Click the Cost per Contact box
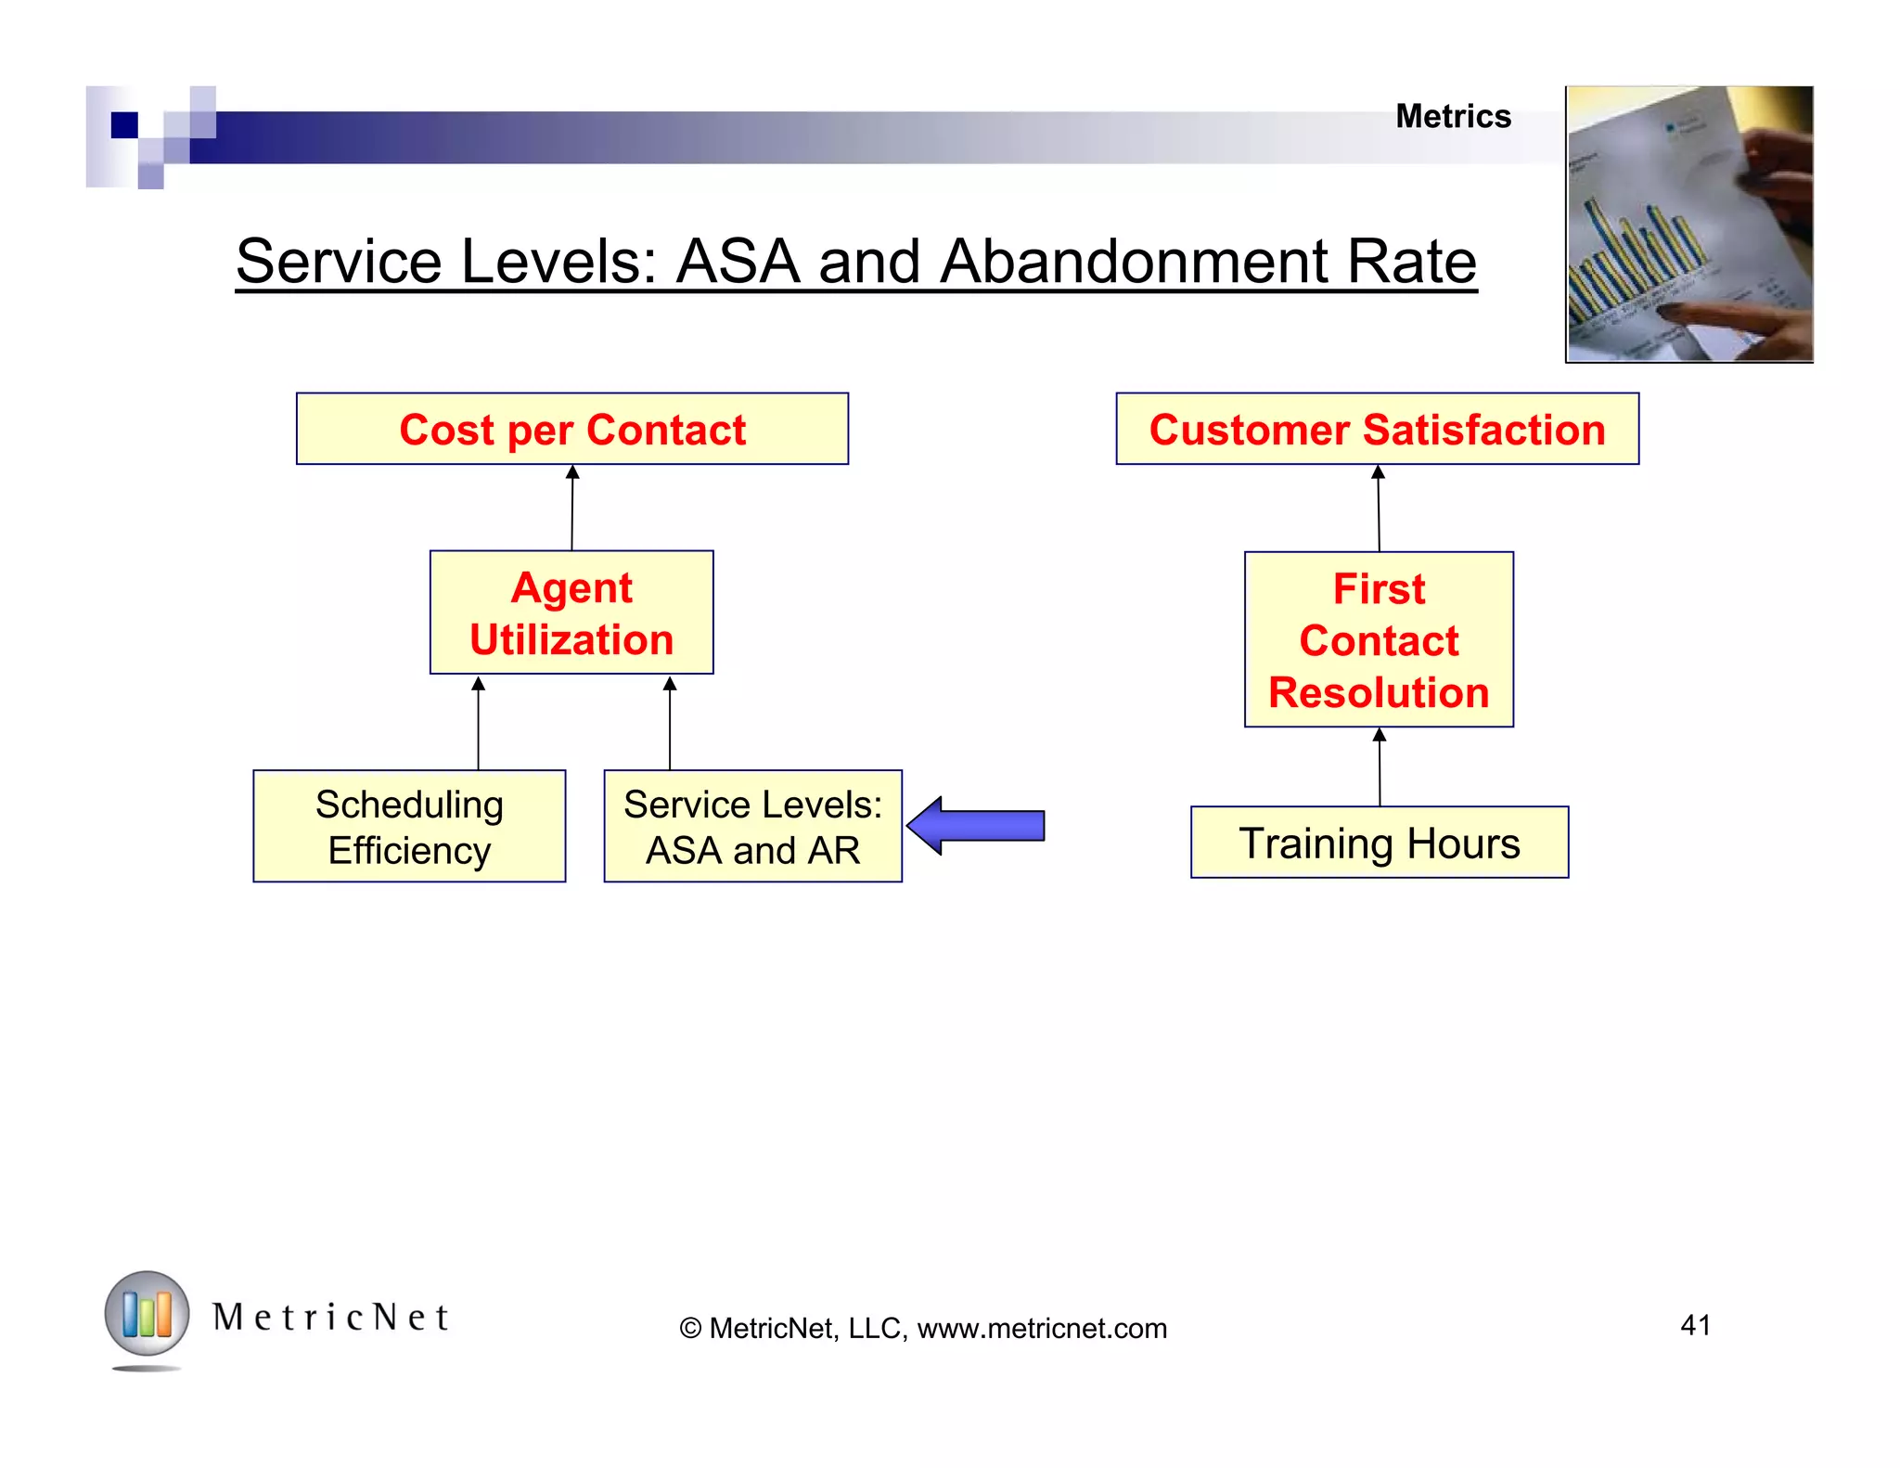tap(571, 429)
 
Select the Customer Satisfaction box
tap(1377, 429)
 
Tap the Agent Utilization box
tap(571, 612)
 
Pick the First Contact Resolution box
tap(1379, 639)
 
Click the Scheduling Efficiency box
tap(409, 826)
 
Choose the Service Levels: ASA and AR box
tap(752, 826)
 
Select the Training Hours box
tap(1379, 843)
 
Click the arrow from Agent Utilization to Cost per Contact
tap(572, 508)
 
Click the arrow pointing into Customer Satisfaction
tap(1379, 509)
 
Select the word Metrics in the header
tap(1453, 117)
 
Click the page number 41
tap(1695, 1324)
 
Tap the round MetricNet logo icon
tap(147, 1314)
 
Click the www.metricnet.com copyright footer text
tap(923, 1328)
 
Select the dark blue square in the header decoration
tap(124, 124)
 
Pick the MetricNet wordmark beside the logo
tap(330, 1317)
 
